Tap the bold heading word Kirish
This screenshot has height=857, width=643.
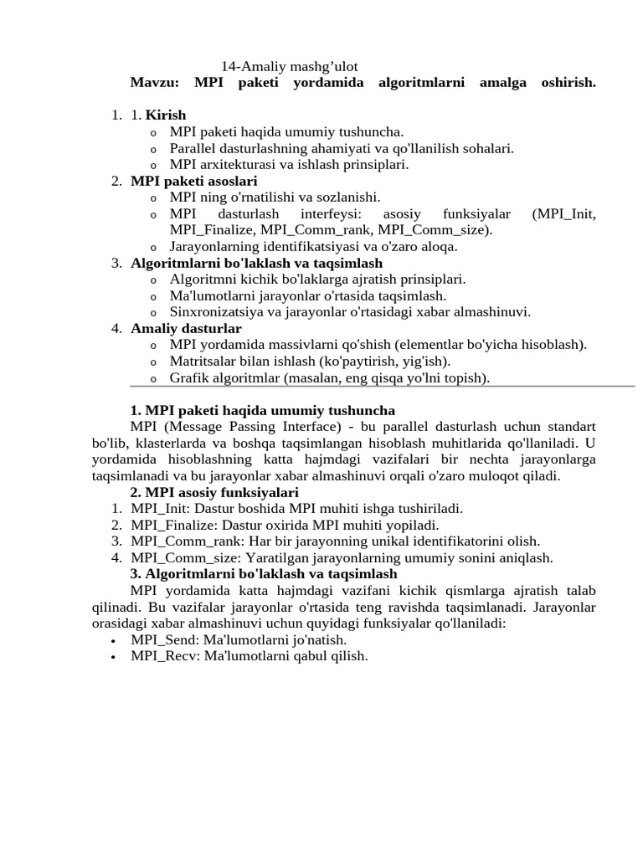click(166, 115)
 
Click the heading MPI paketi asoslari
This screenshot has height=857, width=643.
click(194, 181)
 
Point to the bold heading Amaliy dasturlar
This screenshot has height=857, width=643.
click(186, 328)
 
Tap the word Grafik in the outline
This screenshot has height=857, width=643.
click(188, 377)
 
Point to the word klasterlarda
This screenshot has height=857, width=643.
click(165, 443)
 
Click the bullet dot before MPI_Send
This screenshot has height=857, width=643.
click(113, 640)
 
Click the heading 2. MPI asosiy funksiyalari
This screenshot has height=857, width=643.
click(214, 492)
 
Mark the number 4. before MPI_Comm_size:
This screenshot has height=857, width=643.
click(117, 558)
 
